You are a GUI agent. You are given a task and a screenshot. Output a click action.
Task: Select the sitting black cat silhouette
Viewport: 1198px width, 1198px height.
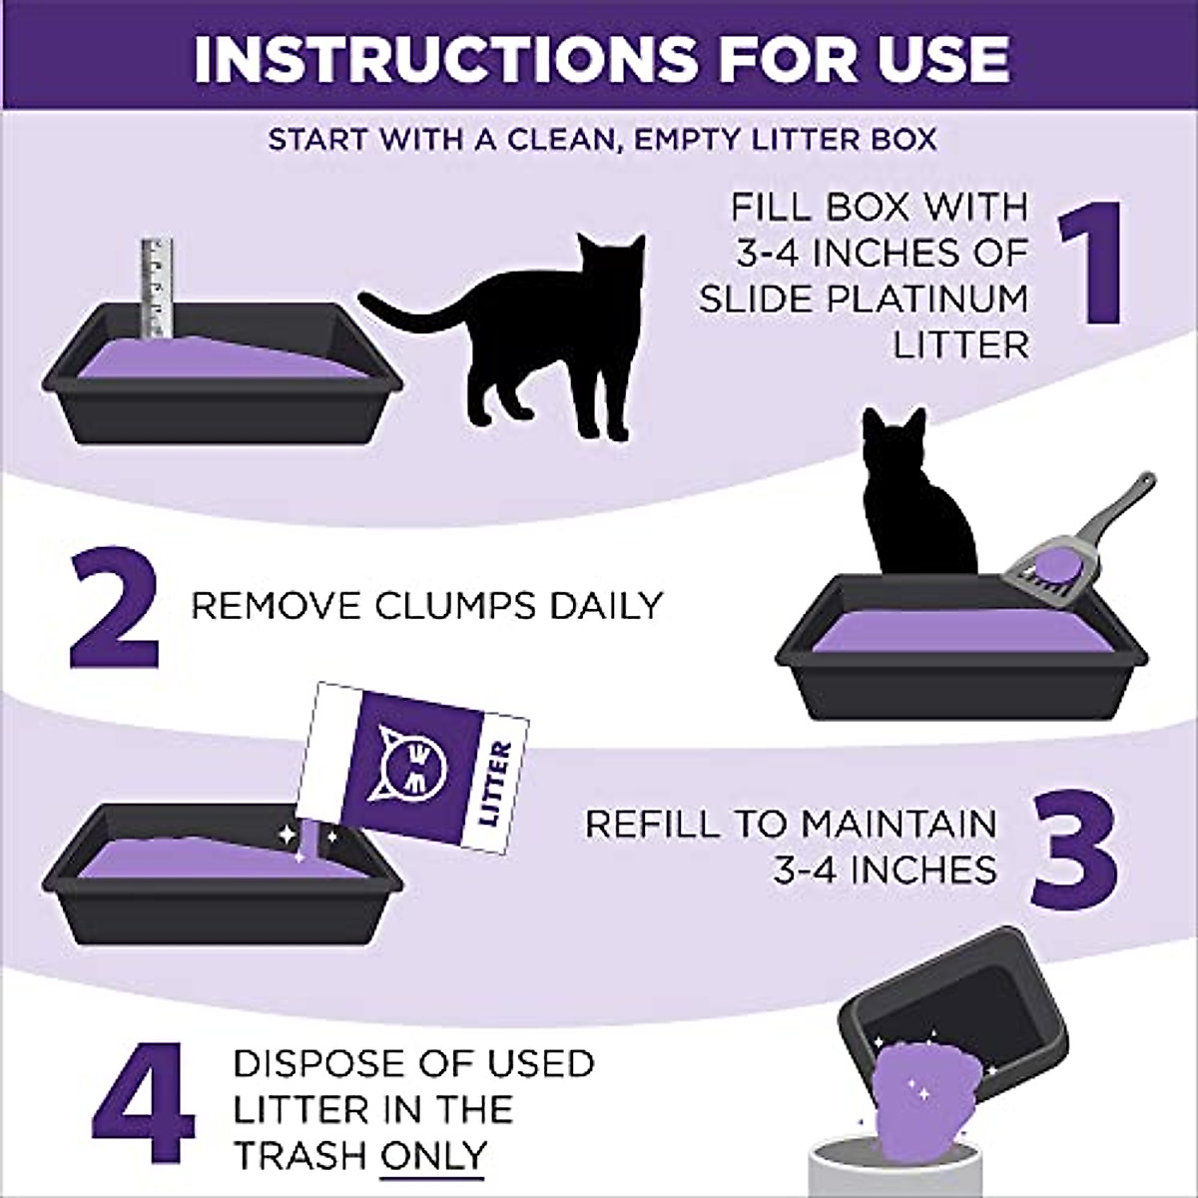(913, 499)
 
